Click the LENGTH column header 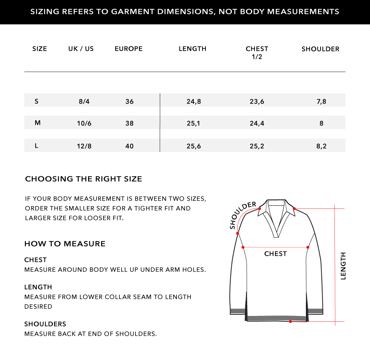pos(192,49)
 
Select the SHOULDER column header pos(320,49)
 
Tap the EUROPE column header pos(129,49)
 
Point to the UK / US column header pos(81,49)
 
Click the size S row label pos(37,101)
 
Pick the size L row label pos(37,146)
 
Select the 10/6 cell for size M pos(84,123)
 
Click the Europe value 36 pos(129,102)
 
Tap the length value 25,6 pos(193,147)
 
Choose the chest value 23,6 pos(257,102)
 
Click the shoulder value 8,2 pos(321,147)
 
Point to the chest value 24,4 pos(257,123)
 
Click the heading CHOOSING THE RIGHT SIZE pos(83,179)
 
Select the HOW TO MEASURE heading pos(65,244)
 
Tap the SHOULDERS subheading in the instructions pos(45,324)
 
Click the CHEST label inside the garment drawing pos(275,254)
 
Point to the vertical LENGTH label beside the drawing pos(343,266)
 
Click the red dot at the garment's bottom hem pos(290,321)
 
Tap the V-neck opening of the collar pos(276,224)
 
